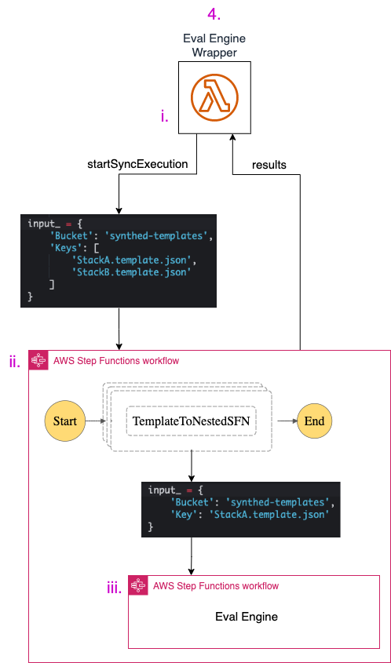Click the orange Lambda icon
214,97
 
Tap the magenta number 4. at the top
214,14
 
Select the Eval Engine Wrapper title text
214,46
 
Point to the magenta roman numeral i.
165,116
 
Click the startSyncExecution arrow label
137,165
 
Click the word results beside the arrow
269,165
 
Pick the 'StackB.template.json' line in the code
131,272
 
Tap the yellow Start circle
64,421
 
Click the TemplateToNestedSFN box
192,421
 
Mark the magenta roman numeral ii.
14,362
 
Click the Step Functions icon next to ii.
38,360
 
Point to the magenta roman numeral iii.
114,588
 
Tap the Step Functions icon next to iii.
138,585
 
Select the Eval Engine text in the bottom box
247,616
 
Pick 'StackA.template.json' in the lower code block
274,515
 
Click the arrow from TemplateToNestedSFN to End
287,421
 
